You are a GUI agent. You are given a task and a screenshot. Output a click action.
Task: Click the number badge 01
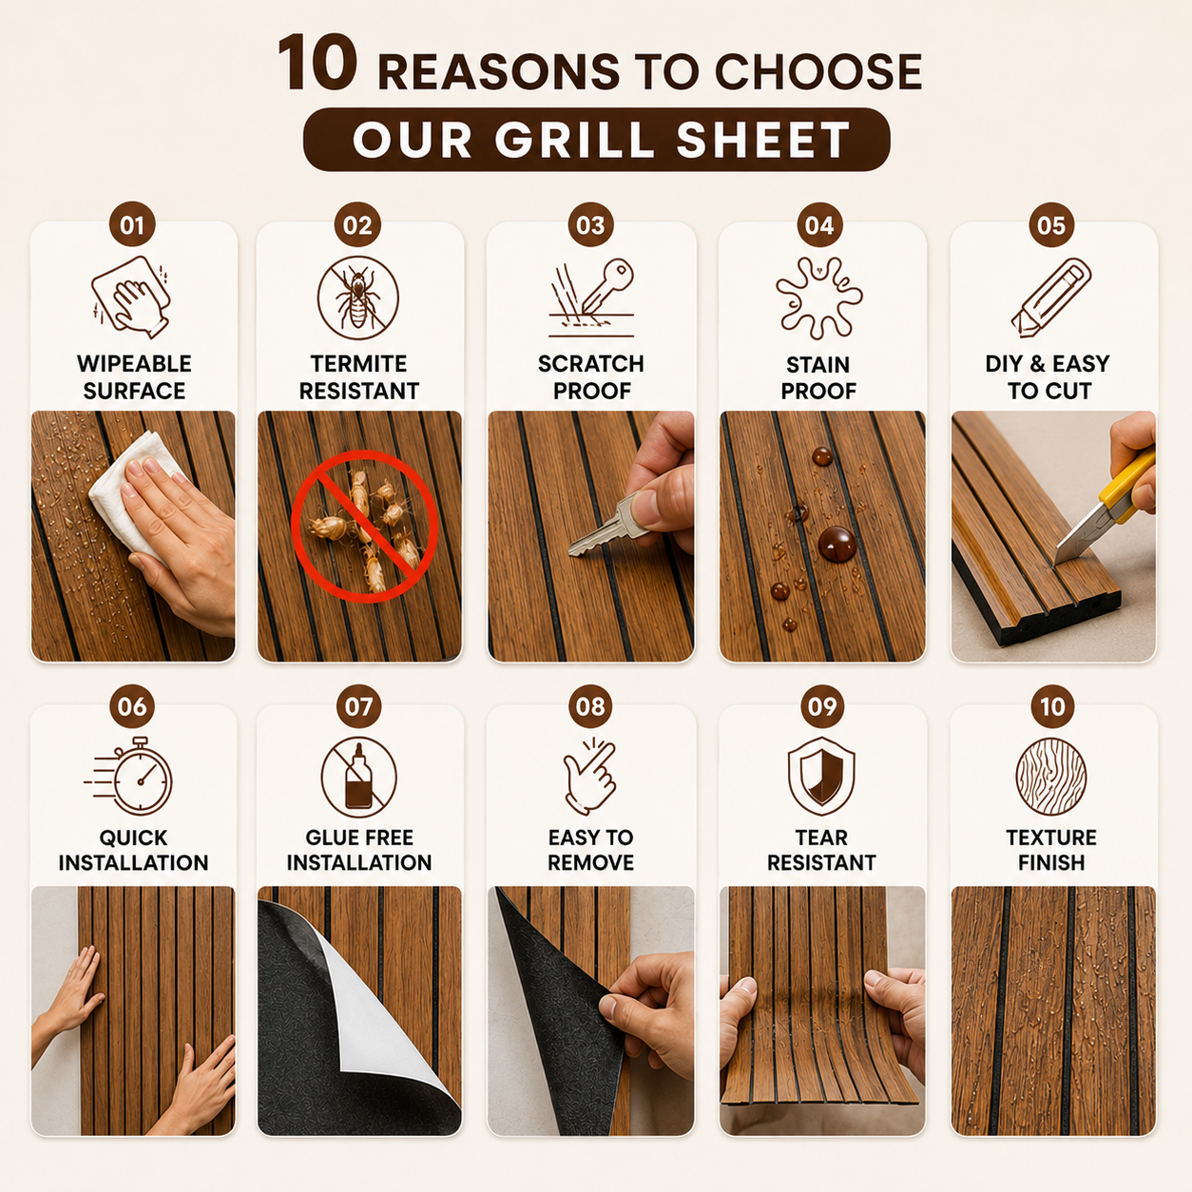point(132,225)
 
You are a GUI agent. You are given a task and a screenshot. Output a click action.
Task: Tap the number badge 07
point(358,706)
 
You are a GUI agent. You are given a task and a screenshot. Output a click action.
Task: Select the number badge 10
point(1053,706)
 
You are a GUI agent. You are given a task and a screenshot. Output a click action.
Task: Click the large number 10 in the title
point(317,63)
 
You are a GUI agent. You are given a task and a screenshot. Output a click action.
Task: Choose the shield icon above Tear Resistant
point(821,776)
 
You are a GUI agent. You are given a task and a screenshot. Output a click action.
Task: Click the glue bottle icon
point(358,777)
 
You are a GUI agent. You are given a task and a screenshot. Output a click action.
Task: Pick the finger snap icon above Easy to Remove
point(590,776)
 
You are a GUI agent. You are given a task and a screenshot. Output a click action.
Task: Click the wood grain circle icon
point(1051,777)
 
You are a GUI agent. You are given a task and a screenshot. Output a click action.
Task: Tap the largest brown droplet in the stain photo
point(836,545)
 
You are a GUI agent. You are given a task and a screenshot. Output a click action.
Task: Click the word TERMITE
point(358,364)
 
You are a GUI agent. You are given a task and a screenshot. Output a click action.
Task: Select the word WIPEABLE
point(134,364)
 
